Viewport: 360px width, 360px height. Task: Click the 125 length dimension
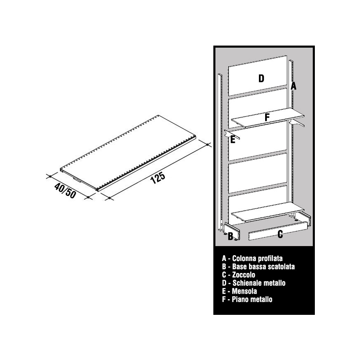click(158, 178)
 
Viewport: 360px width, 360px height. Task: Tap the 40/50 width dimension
click(65, 191)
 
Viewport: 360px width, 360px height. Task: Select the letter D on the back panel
click(261, 79)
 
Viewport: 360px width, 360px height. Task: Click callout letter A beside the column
click(293, 86)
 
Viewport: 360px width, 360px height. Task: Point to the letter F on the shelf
click(267, 117)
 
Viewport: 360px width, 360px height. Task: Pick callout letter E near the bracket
click(232, 140)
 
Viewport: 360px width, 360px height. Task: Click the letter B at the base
click(230, 236)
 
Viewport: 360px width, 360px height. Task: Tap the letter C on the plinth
click(280, 234)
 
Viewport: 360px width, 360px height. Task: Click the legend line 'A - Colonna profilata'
click(252, 259)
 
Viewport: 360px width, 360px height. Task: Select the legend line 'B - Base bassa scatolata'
click(258, 266)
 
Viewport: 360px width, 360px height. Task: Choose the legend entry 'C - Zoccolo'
click(239, 275)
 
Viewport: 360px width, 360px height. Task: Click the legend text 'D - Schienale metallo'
click(254, 283)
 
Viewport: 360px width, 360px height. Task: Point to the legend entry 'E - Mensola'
click(239, 291)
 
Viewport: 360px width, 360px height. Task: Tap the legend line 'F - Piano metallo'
click(247, 300)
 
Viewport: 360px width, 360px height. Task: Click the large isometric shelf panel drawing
click(128, 153)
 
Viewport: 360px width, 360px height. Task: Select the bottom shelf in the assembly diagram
click(268, 212)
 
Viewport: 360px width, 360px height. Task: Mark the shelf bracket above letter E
click(232, 134)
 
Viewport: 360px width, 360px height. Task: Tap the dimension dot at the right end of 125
click(208, 145)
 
